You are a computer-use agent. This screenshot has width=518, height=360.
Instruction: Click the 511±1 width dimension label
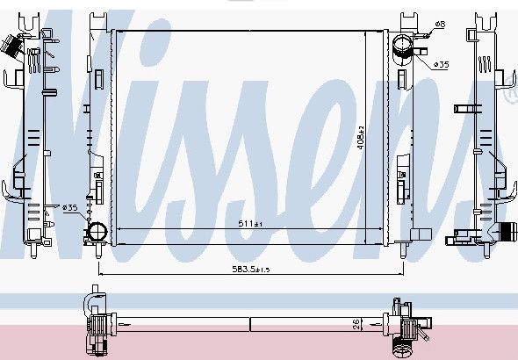point(250,224)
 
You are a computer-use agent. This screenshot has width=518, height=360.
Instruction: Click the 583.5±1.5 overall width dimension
point(251,270)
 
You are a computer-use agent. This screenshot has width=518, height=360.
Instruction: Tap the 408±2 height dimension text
point(361,137)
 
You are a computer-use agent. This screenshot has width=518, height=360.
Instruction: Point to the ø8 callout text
point(440,24)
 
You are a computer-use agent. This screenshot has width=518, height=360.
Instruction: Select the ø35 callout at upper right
point(441,64)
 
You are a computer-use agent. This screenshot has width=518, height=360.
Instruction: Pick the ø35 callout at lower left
point(69,207)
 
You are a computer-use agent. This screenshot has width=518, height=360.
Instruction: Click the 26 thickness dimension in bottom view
point(356,324)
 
